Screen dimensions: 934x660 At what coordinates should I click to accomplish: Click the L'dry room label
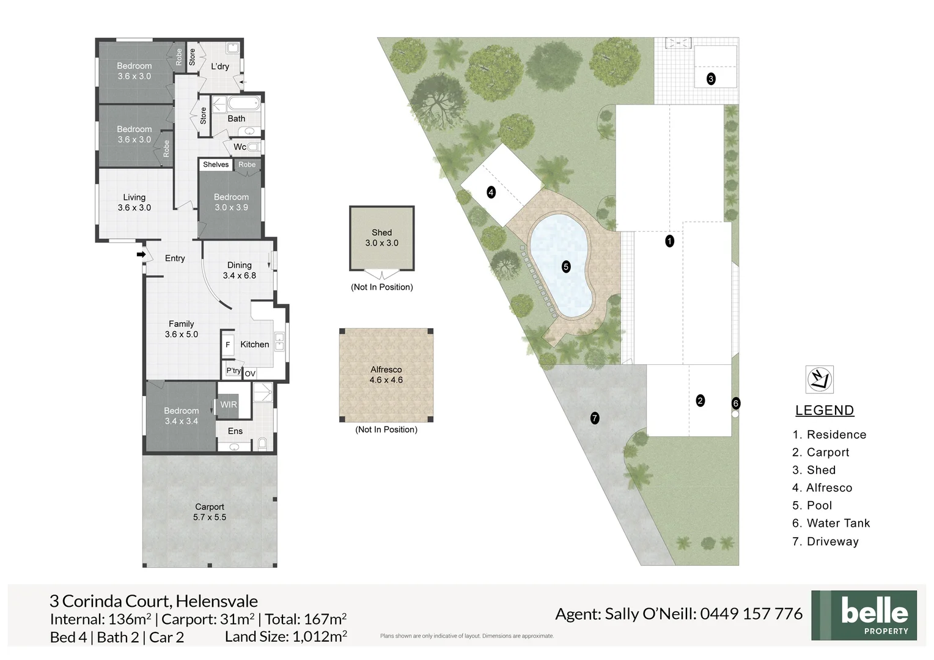tap(219, 66)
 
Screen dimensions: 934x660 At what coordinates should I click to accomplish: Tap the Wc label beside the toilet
tap(240, 147)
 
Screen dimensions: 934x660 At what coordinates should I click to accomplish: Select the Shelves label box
tap(216, 164)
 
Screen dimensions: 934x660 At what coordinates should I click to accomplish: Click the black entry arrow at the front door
tap(141, 254)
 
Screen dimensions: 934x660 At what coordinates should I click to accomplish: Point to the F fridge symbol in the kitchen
tap(227, 345)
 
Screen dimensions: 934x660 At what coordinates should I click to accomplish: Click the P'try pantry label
tap(233, 370)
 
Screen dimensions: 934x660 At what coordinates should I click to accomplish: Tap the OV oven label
tap(250, 373)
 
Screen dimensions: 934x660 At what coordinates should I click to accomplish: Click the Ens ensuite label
tap(235, 431)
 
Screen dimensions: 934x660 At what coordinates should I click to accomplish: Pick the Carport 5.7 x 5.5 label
tap(209, 512)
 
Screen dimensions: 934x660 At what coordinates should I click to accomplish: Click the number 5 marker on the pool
tap(566, 267)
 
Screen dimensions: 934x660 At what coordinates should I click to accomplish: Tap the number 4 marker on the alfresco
tap(491, 193)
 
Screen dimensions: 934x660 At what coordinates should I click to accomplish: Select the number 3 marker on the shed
tap(711, 79)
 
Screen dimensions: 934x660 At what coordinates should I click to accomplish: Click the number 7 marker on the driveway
tap(595, 418)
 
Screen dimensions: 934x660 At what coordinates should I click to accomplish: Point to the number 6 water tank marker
tap(735, 403)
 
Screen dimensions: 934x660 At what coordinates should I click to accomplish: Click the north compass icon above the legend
tap(819, 380)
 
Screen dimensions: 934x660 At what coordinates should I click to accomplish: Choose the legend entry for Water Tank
tap(831, 523)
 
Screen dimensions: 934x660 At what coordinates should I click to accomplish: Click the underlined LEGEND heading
tap(825, 410)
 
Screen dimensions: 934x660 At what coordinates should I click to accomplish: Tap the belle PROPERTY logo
tap(864, 615)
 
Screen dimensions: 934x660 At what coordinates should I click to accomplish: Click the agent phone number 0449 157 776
tap(751, 614)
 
